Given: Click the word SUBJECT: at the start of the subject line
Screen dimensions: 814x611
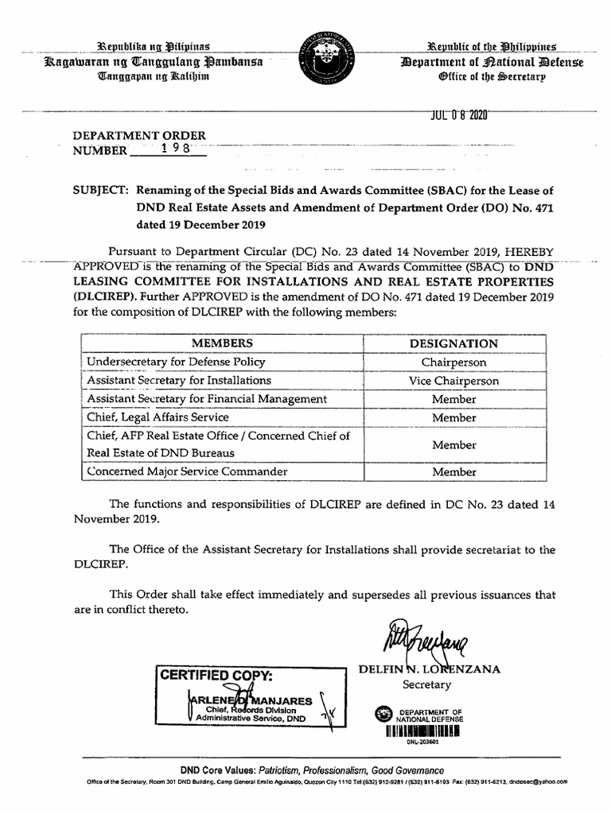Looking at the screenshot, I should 101,191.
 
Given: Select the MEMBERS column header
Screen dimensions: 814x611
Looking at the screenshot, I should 222,343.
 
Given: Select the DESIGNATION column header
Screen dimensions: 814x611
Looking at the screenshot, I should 453,343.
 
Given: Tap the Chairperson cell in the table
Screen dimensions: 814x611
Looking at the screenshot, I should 453,362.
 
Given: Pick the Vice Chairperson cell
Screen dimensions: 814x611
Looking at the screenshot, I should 453,382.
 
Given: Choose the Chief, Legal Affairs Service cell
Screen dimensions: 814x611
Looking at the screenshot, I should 158,417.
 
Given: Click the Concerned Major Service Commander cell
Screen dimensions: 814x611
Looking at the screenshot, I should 187,472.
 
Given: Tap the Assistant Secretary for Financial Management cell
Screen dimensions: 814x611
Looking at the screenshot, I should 207,399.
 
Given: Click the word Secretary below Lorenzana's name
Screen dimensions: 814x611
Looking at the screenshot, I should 426,684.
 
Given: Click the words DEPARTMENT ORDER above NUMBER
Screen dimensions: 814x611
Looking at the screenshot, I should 140,136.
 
